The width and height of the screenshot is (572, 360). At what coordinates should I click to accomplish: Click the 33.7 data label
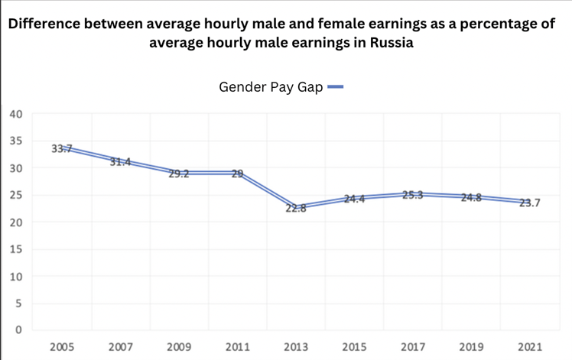click(x=61, y=148)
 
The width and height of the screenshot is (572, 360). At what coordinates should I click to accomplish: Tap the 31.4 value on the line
click(x=120, y=161)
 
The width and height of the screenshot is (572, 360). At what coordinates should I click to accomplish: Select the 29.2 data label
click(x=179, y=174)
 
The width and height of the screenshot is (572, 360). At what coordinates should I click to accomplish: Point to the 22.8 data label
click(x=296, y=208)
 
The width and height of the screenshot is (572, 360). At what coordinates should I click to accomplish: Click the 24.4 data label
click(x=354, y=199)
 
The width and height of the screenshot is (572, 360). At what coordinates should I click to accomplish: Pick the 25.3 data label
click(x=413, y=194)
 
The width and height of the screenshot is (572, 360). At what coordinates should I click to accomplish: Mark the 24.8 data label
click(x=472, y=197)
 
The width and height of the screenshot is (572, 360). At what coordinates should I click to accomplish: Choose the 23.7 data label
click(x=530, y=203)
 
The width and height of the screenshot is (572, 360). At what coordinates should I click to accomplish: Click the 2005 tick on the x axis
click(x=62, y=347)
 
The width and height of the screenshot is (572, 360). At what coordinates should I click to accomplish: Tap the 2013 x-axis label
click(x=296, y=347)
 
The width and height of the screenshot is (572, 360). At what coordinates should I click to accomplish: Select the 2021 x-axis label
click(x=530, y=347)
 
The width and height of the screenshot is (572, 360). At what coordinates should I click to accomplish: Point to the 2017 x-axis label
click(x=413, y=347)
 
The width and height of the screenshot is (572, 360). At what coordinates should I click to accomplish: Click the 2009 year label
click(x=179, y=347)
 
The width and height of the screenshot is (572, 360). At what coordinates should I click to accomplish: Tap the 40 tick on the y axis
click(x=16, y=114)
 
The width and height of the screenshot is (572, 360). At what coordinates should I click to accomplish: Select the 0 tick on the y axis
click(x=19, y=330)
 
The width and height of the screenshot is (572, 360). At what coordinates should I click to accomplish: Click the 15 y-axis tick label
click(x=16, y=249)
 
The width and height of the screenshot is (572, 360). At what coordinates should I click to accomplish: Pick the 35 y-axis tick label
click(x=16, y=141)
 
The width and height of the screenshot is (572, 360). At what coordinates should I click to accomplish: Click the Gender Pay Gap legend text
click(x=271, y=87)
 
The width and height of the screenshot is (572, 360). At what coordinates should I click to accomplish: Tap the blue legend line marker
click(x=335, y=87)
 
